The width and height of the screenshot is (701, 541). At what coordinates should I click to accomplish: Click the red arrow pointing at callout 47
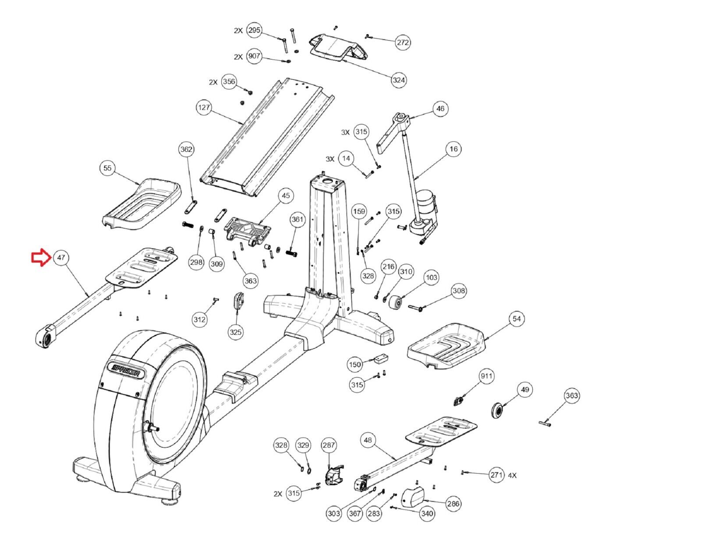pyautogui.click(x=41, y=258)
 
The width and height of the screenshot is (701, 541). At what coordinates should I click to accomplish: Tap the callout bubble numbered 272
pyautogui.click(x=403, y=42)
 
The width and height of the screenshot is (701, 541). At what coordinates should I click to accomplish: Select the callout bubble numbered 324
pyautogui.click(x=399, y=80)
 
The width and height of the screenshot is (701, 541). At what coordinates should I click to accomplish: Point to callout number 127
pyautogui.click(x=204, y=107)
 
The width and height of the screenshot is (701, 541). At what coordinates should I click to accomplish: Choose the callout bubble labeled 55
pyautogui.click(x=107, y=168)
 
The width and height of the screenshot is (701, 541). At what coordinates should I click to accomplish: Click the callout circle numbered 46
pyautogui.click(x=440, y=109)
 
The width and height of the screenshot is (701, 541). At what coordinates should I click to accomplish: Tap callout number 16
pyautogui.click(x=453, y=149)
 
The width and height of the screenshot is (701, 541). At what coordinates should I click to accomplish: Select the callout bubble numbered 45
pyautogui.click(x=286, y=196)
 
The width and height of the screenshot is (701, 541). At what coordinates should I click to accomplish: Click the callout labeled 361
pyautogui.click(x=297, y=219)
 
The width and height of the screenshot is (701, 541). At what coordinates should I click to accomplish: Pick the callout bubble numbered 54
pyautogui.click(x=517, y=319)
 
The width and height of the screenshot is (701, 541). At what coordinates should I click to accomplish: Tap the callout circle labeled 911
pyautogui.click(x=486, y=376)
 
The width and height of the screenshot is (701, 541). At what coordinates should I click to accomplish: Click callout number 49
pyautogui.click(x=525, y=390)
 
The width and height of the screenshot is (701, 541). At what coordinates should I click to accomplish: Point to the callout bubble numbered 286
pyautogui.click(x=453, y=504)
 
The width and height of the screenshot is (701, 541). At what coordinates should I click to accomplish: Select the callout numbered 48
pyautogui.click(x=368, y=440)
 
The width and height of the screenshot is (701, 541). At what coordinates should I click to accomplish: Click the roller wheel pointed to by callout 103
pyautogui.click(x=395, y=303)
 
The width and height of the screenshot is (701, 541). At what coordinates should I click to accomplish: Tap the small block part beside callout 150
pyautogui.click(x=381, y=359)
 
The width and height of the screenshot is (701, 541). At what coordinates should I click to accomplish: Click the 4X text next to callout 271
pyautogui.click(x=512, y=475)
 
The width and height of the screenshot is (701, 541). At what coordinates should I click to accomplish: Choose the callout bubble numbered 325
pyautogui.click(x=236, y=332)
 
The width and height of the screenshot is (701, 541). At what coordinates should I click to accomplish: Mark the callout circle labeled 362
pyautogui.click(x=187, y=150)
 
